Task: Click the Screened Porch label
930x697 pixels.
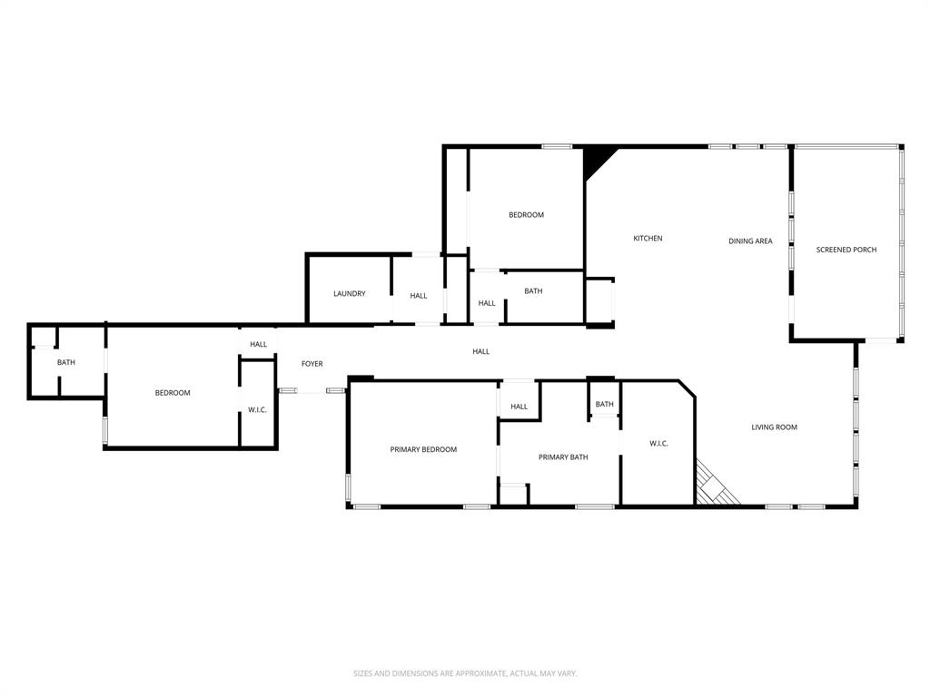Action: (x=846, y=250)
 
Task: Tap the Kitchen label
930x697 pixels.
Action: (x=648, y=239)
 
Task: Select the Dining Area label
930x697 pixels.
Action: (x=750, y=241)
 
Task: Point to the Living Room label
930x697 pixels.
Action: (x=774, y=427)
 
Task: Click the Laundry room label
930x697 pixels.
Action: (x=349, y=294)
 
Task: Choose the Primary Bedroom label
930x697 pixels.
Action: (x=423, y=450)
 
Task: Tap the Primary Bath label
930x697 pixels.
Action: (x=563, y=457)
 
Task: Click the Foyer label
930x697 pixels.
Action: (x=312, y=364)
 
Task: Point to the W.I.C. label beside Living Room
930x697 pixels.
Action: (x=658, y=444)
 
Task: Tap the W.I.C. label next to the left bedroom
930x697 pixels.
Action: (x=257, y=410)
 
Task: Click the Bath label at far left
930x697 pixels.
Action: (x=66, y=363)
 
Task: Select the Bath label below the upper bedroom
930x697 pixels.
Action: (x=533, y=291)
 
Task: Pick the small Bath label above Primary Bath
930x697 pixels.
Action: (x=604, y=405)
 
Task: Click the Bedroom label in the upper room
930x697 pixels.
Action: (x=526, y=215)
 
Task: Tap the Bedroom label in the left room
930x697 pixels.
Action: (x=173, y=393)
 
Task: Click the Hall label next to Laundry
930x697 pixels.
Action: (x=418, y=296)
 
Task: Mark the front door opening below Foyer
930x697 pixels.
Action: (x=312, y=390)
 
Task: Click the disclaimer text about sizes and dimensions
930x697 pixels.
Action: (x=465, y=673)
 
